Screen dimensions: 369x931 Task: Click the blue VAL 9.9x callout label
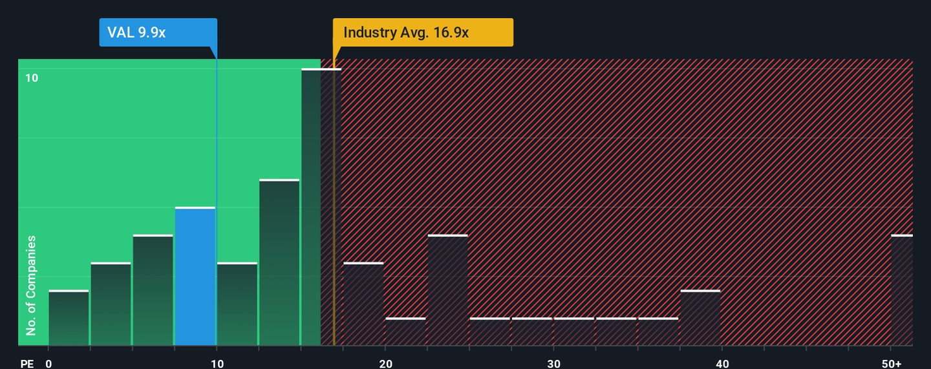158,32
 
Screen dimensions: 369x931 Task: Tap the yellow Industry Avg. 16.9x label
423,32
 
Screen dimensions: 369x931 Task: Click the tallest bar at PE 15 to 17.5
321,207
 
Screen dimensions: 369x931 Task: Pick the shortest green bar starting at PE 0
69,318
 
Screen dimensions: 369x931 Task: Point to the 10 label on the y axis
32,78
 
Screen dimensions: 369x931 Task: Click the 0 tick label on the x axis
48,364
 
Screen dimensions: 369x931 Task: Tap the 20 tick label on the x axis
385,364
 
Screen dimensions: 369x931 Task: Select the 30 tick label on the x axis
553,364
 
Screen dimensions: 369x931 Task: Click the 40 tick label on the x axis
722,364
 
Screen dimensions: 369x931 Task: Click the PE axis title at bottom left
27,364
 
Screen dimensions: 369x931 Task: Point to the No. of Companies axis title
31,286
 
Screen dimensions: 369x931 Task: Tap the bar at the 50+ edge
902,290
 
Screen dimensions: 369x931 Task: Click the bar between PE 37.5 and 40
700,318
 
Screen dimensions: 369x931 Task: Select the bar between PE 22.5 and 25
447,290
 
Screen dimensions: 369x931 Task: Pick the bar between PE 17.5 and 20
363,304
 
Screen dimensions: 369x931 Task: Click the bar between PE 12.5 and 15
279,262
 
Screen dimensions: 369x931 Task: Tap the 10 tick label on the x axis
217,364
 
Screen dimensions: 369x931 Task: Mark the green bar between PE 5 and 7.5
153,290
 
